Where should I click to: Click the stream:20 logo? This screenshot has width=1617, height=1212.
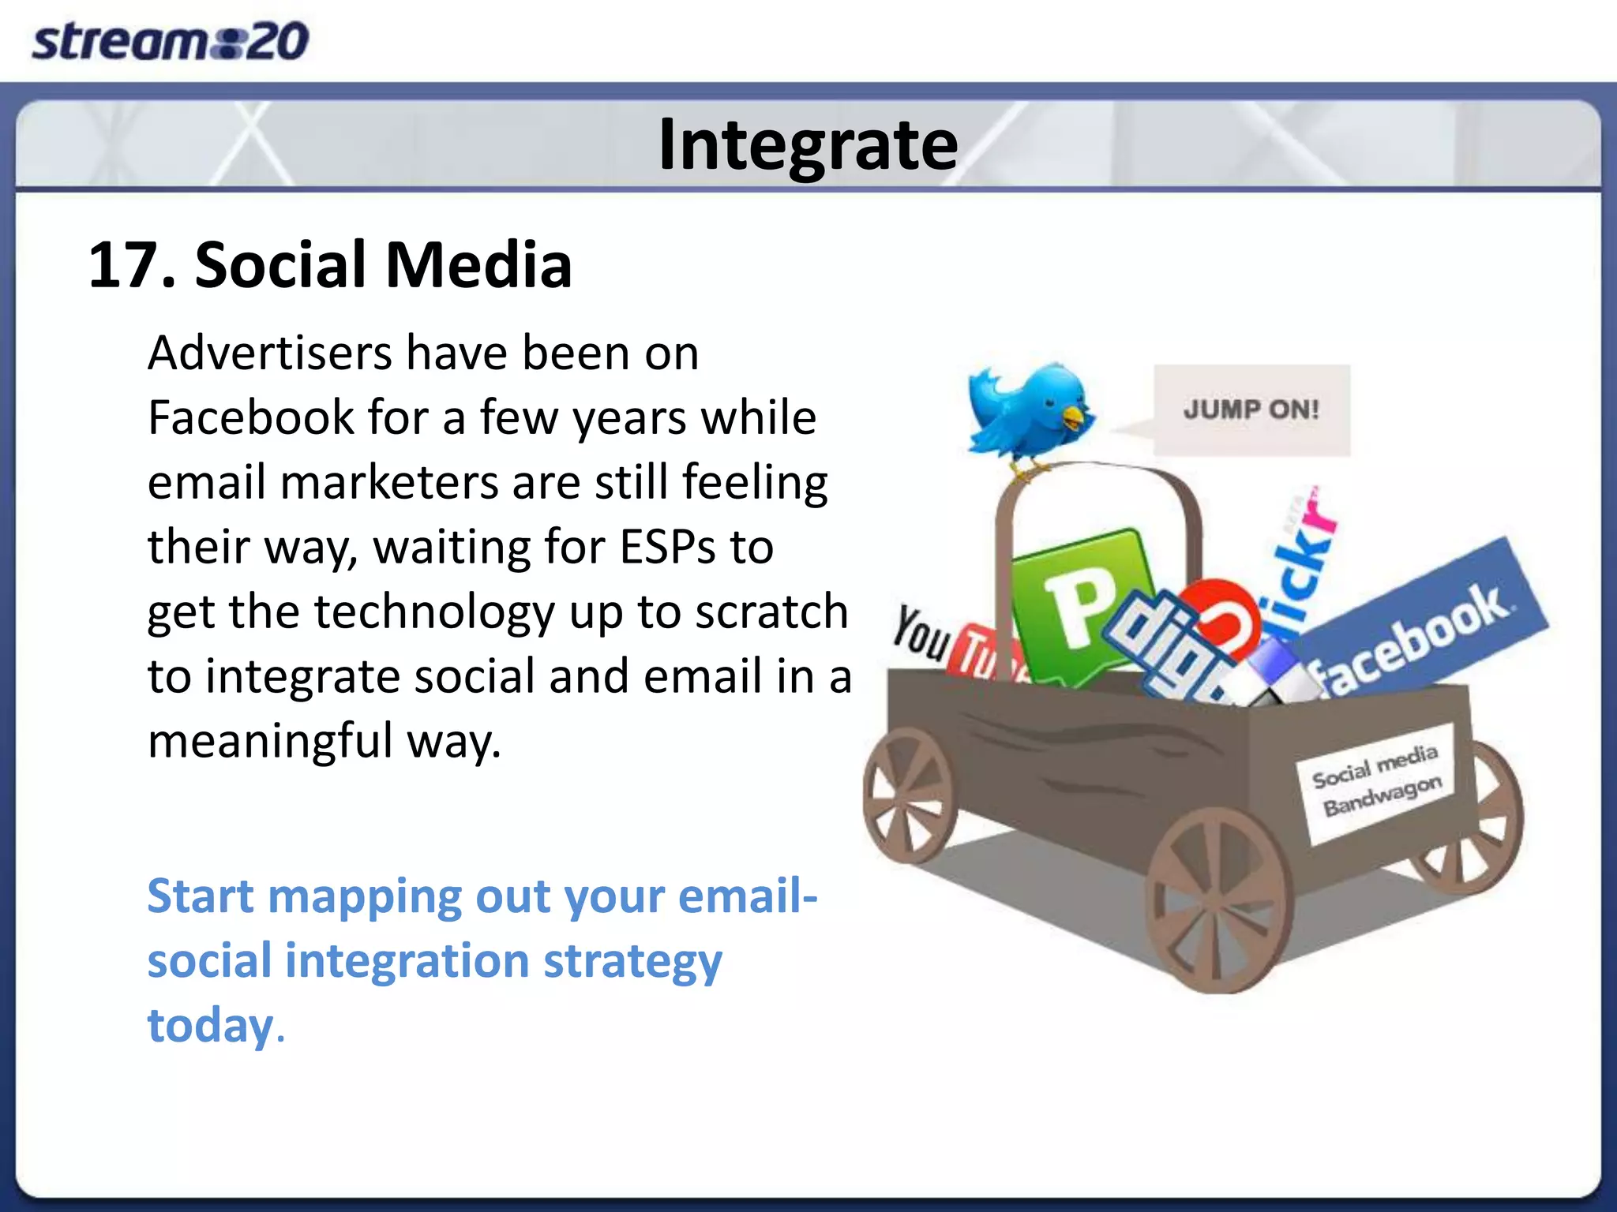(170, 41)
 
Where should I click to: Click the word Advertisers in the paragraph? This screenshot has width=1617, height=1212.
(269, 353)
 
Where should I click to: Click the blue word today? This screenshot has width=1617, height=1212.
(210, 1026)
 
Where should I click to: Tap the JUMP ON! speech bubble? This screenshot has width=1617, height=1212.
(1251, 410)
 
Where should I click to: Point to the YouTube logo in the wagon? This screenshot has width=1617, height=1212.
(947, 643)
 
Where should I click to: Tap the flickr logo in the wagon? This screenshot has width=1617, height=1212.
(1299, 564)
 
